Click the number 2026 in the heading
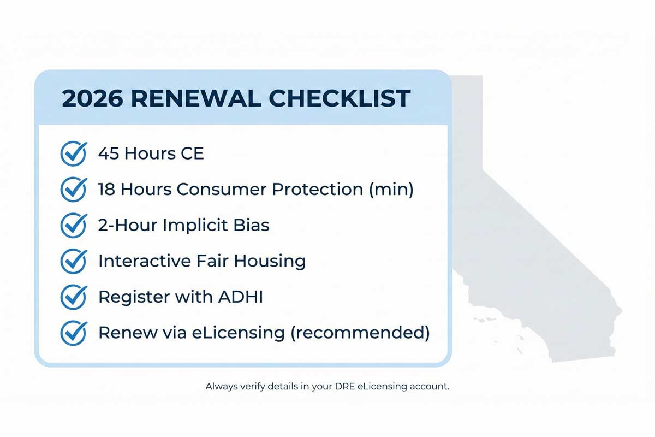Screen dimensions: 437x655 tap(92, 98)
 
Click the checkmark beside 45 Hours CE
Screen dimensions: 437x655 tap(73, 153)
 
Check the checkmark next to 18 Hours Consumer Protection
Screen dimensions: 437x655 tap(73, 190)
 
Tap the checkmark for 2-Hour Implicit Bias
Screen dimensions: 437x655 tap(73, 225)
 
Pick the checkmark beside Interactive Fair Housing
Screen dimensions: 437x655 tap(73, 261)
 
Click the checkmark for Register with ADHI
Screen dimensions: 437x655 tap(73, 297)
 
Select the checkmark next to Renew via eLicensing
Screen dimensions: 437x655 tap(73, 333)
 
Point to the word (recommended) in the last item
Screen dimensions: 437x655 tap(360, 333)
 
